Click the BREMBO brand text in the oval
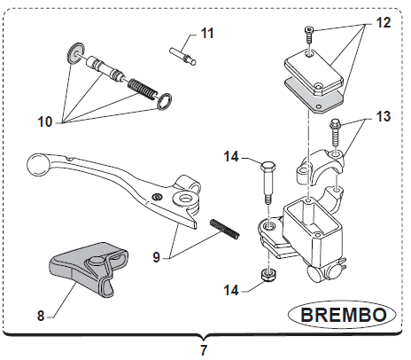[x=344, y=315]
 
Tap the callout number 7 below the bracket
[x=204, y=350]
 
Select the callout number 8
[x=41, y=316]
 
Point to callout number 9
[x=156, y=257]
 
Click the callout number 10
[x=44, y=121]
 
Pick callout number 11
[x=207, y=34]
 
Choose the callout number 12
[x=384, y=23]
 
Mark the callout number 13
[x=384, y=116]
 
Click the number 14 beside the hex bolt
[x=231, y=157]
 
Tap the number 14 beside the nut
[x=231, y=290]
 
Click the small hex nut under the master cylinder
[x=268, y=275]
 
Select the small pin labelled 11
[x=183, y=56]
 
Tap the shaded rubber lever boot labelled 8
[x=89, y=268]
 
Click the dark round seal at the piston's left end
[x=74, y=53]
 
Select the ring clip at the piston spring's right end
[x=164, y=101]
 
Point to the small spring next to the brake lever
[x=224, y=229]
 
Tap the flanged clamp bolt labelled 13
[x=335, y=132]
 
